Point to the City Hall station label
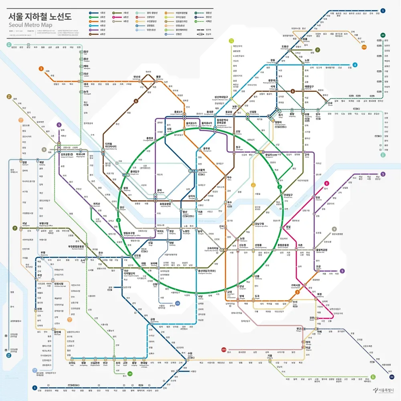click(x=169, y=130)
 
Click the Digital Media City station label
click(x=111, y=146)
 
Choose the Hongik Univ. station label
click(x=137, y=173)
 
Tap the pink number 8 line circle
click(x=326, y=183)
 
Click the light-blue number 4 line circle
click(x=354, y=65)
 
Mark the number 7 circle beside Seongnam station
click(x=15, y=228)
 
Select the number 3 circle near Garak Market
click(x=298, y=292)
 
